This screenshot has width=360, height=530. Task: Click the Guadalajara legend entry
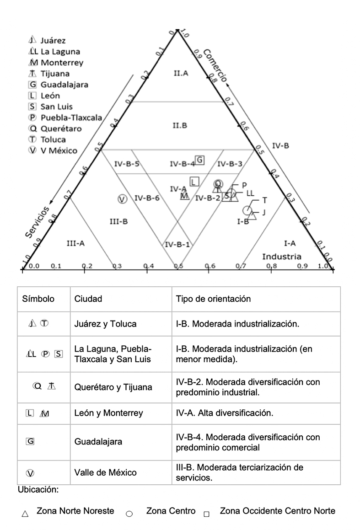[58, 85]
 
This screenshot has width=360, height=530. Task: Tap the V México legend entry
[53, 150]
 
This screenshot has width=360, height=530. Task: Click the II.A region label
[181, 73]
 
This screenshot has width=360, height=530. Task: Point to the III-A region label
[75, 243]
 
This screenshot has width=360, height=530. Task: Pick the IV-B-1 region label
[177, 244]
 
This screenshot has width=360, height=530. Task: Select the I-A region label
[290, 243]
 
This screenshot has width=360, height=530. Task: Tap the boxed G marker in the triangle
[200, 160]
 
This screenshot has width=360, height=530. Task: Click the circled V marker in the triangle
[122, 198]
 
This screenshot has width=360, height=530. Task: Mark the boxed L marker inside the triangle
[194, 182]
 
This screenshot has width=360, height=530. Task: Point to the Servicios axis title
[37, 222]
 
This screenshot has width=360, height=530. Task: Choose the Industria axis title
[281, 257]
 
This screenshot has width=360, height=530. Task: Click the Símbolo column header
[38, 299]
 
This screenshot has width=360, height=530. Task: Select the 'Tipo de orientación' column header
[213, 299]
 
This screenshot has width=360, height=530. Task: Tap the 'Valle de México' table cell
[105, 472]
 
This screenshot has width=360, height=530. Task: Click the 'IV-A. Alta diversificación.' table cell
[224, 413]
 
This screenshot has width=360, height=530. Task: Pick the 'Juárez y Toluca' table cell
[105, 324]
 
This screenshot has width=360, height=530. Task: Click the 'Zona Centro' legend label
[171, 511]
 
